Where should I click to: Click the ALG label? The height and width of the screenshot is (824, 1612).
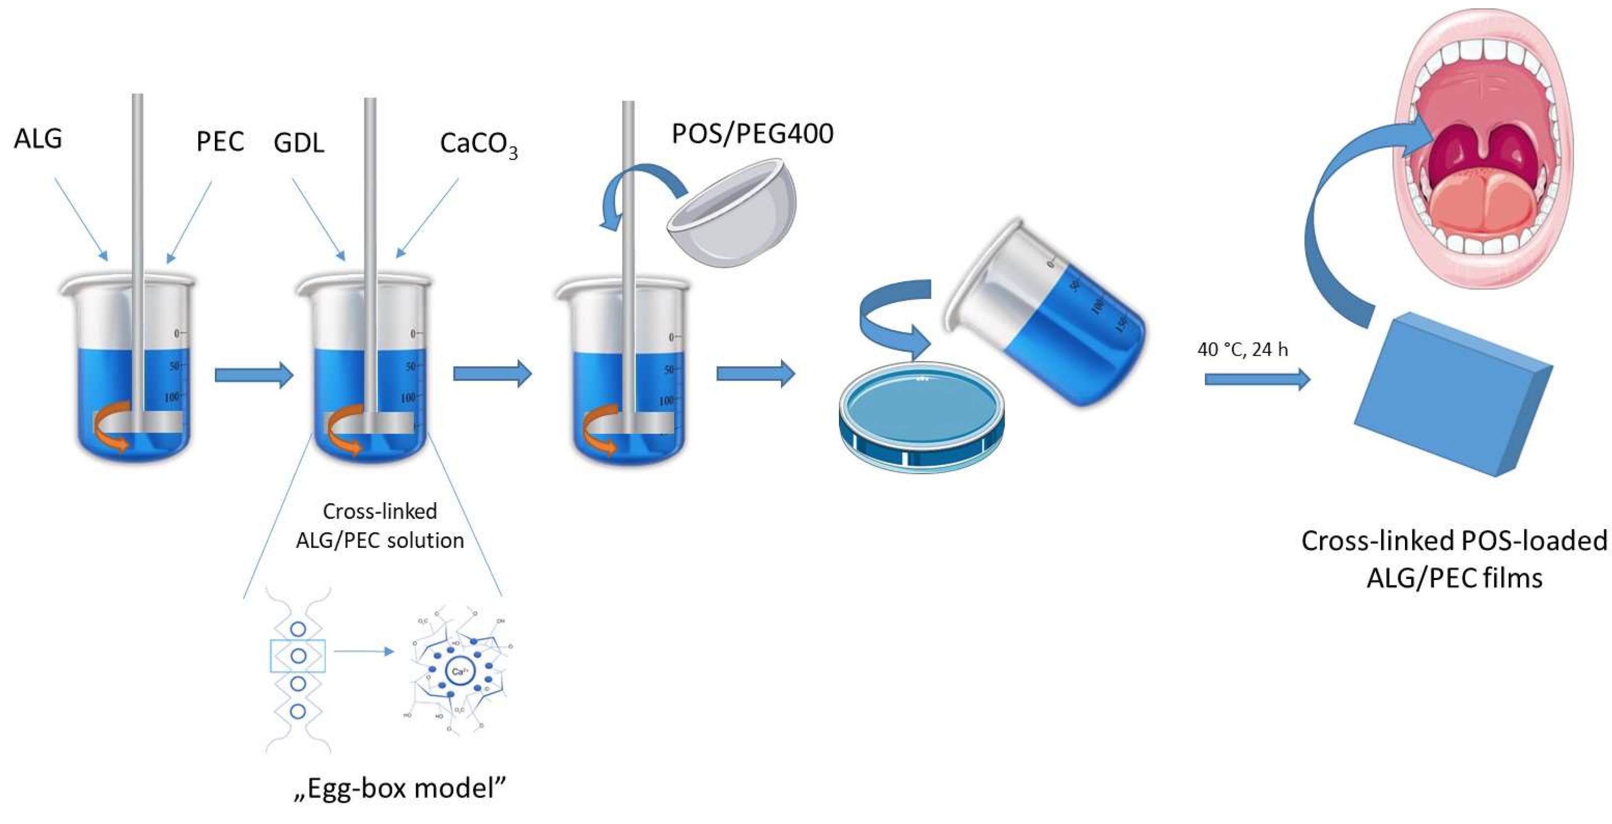point(38,138)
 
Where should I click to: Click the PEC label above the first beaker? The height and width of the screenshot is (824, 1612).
point(220,142)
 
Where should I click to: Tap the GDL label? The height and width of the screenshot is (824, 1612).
point(299,143)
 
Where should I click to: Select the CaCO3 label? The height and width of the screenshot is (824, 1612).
point(478,144)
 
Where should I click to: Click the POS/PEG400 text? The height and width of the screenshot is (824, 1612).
point(752,133)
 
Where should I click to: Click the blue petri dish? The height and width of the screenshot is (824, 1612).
point(921,416)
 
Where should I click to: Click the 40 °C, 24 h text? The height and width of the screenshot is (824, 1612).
point(1242,349)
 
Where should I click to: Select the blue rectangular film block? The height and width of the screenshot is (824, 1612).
point(1452,395)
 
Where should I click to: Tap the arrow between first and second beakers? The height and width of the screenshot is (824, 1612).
point(253,375)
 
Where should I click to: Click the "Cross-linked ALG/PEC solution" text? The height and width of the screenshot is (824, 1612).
point(380,526)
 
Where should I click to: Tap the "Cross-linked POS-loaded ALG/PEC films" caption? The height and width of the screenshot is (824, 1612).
point(1454,558)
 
